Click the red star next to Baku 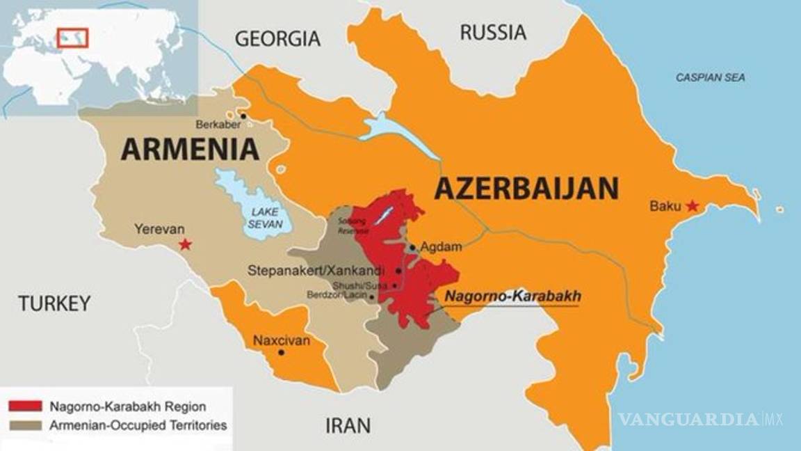(x=692, y=206)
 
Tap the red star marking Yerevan (x=185, y=244)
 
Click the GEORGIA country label (x=277, y=39)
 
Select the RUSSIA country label (x=492, y=32)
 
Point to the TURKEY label (x=54, y=303)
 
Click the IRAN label (x=348, y=425)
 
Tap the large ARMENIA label (x=190, y=150)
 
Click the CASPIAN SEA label (x=710, y=78)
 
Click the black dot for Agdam (x=413, y=247)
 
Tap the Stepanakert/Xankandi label (x=320, y=270)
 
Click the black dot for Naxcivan (x=281, y=352)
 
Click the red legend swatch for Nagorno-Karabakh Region (x=25, y=406)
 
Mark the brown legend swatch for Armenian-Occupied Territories (x=25, y=424)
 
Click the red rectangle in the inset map (x=73, y=36)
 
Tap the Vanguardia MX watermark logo (x=700, y=419)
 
